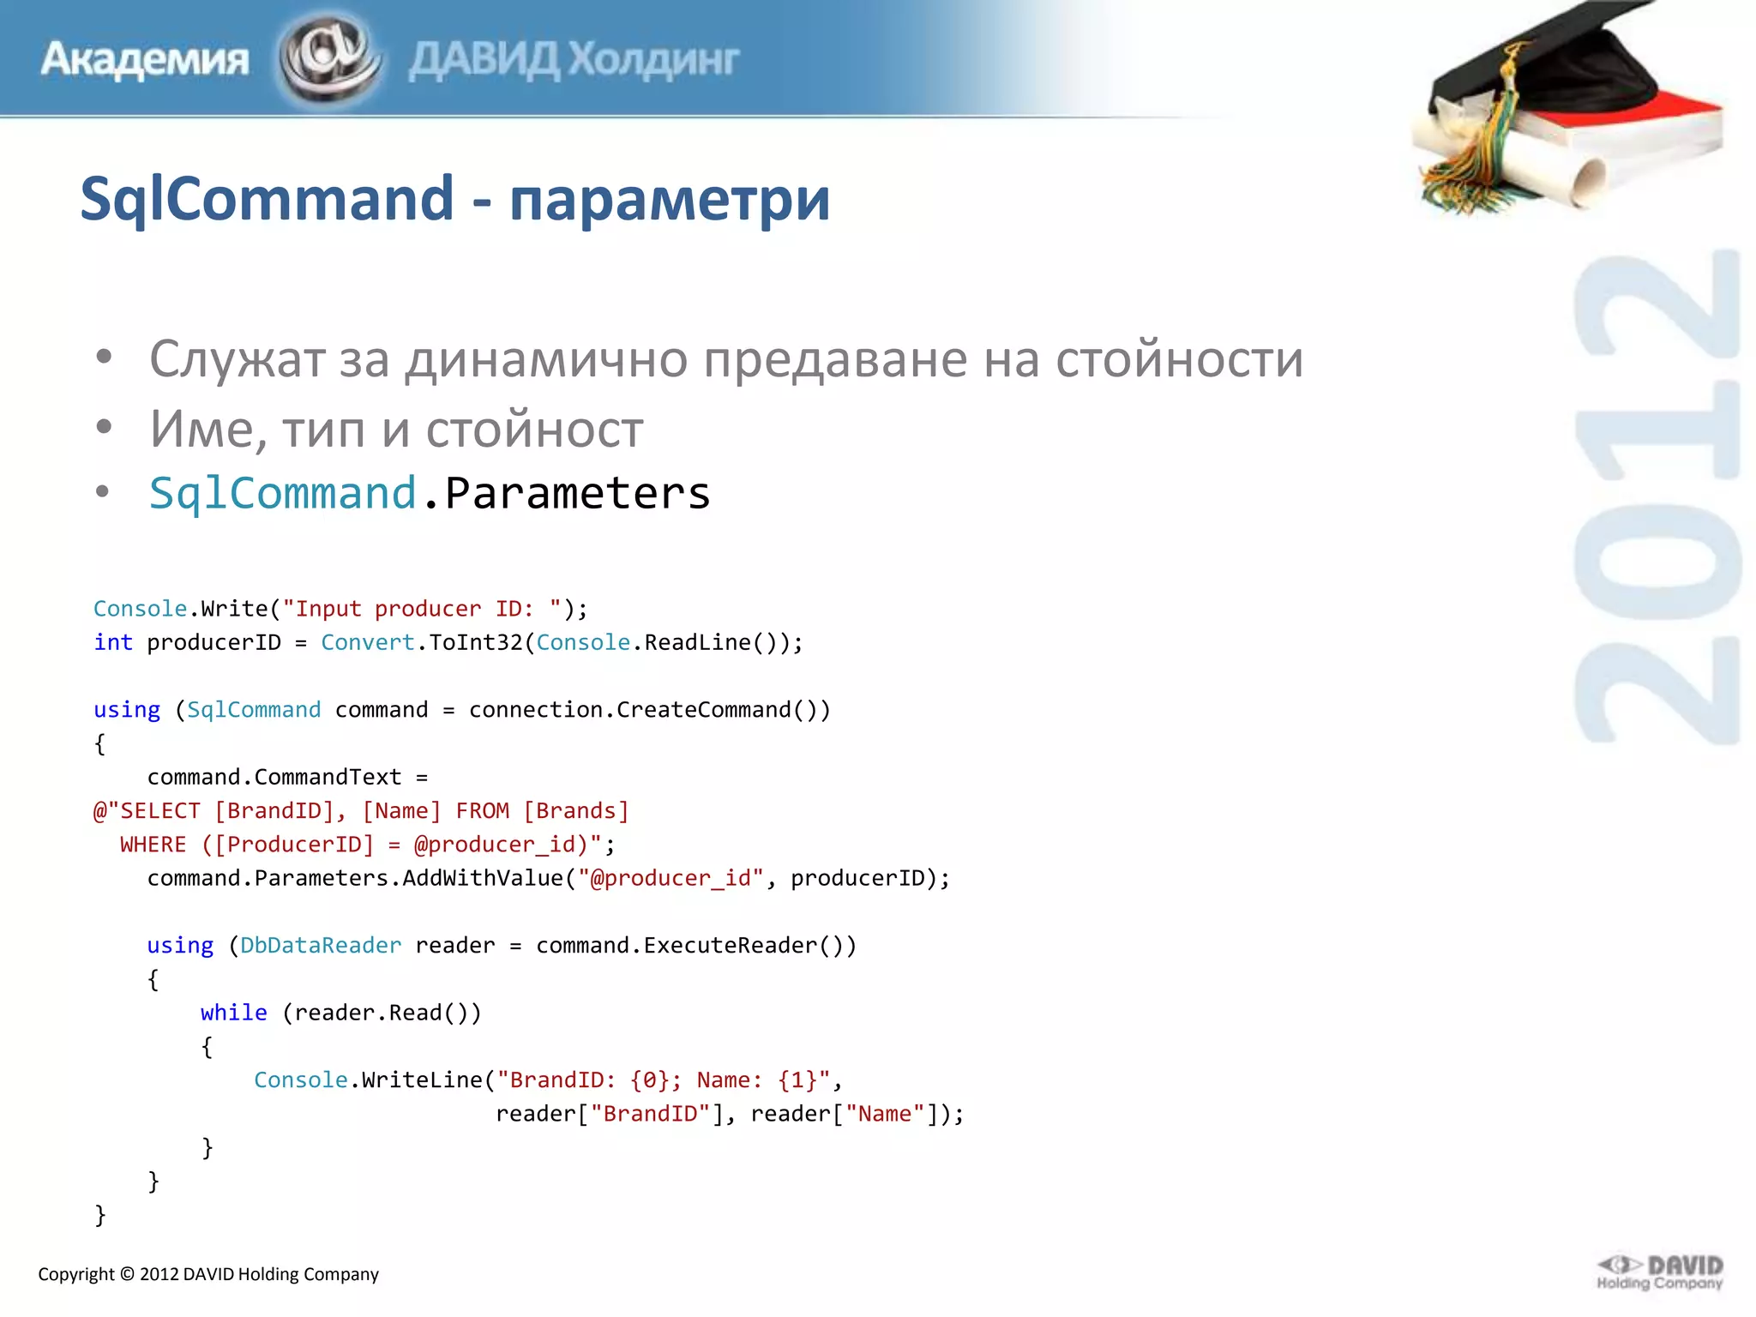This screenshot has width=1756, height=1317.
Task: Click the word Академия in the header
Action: tap(144, 60)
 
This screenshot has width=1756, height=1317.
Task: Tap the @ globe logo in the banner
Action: tap(329, 58)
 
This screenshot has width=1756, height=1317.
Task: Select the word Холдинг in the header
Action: tap(653, 60)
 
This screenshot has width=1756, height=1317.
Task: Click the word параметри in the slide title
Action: tap(670, 200)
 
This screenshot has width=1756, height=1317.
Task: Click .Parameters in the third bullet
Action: tap(566, 493)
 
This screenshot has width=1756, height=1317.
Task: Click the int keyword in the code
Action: tap(113, 642)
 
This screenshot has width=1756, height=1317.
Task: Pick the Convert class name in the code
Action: tap(367, 642)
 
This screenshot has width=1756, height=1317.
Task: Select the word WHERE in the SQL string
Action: tap(153, 845)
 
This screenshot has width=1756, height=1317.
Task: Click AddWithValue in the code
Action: tap(483, 878)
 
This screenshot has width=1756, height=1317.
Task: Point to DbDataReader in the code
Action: tap(321, 945)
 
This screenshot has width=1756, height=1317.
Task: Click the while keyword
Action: tap(233, 1013)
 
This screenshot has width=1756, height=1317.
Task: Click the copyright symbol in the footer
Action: tap(127, 1274)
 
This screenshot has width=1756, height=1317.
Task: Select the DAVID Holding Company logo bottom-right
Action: tap(1659, 1273)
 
